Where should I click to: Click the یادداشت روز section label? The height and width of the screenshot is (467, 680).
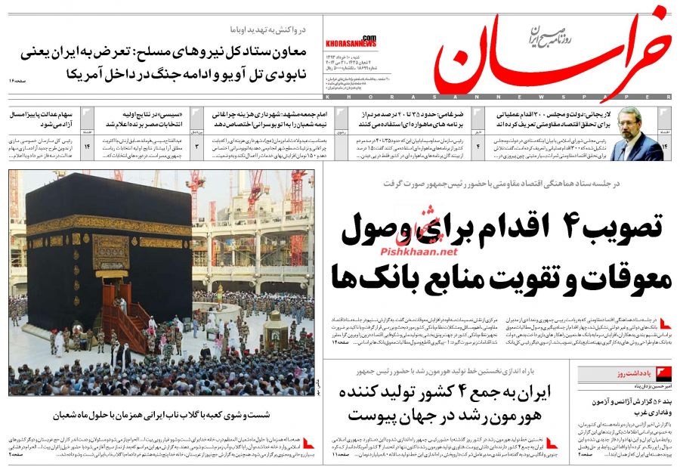coord(614,374)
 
